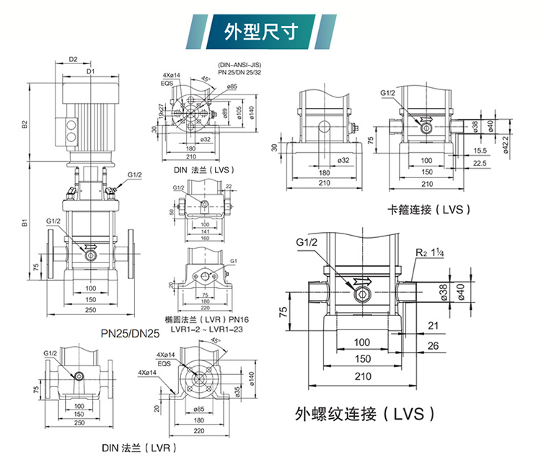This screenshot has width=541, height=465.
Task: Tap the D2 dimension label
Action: click(x=73, y=59)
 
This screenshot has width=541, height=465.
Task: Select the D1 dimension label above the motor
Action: click(x=90, y=71)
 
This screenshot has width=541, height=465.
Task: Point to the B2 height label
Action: click(x=25, y=123)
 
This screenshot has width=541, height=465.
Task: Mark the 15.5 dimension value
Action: click(x=479, y=151)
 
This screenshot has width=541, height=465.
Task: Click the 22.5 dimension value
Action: click(x=479, y=163)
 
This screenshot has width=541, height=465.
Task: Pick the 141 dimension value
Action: click(x=205, y=231)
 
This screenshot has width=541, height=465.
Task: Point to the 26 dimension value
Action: click(x=432, y=345)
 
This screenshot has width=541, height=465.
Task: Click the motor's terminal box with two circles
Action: click(x=71, y=128)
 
